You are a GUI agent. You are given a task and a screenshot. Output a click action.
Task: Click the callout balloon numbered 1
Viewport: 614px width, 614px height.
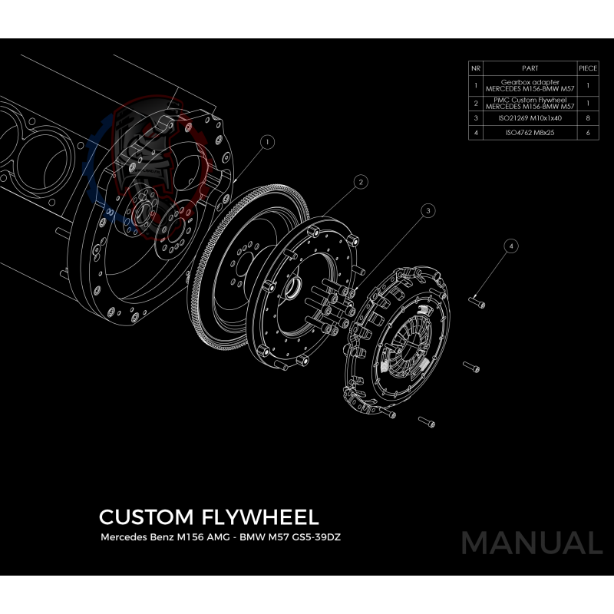266,142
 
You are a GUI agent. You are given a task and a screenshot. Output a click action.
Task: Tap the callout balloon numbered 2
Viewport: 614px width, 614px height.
358,182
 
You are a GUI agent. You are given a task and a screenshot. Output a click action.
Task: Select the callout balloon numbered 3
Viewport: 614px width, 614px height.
428,210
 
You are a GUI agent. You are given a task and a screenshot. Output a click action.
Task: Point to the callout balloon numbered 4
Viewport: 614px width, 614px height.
511,246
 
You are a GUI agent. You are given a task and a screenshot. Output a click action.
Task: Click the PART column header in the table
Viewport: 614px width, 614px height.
530,68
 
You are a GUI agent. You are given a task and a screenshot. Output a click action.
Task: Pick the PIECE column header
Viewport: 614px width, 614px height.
587,68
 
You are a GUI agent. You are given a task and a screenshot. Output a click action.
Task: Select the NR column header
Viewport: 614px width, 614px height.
476,68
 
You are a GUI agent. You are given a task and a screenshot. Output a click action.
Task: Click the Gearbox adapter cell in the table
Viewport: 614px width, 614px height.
530,84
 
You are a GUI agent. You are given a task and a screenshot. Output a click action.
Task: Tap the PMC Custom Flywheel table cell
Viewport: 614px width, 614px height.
530,103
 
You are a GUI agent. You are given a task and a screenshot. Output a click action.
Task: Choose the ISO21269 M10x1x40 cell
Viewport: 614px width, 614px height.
530,118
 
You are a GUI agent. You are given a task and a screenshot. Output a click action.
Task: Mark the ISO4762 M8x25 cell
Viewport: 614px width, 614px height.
530,133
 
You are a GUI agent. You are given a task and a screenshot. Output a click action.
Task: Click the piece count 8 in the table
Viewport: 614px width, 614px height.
587,118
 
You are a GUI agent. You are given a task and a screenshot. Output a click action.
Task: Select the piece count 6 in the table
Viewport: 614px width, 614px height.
587,133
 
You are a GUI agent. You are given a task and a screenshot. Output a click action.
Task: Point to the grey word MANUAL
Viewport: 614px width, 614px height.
531,543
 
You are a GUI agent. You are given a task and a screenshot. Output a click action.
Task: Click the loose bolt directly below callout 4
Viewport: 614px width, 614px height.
477,302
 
